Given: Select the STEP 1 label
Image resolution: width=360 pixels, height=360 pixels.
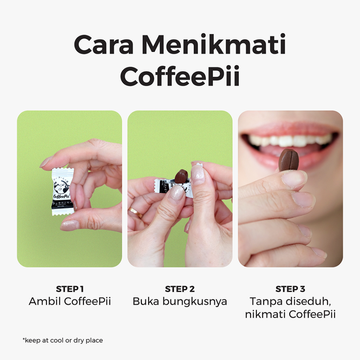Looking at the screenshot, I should click(70, 289).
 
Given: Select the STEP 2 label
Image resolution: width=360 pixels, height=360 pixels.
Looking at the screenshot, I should click(180, 289).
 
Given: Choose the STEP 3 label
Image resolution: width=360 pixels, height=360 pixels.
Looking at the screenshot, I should click(290, 289).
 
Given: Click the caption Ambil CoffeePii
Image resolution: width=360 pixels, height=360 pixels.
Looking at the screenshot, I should click(70, 301).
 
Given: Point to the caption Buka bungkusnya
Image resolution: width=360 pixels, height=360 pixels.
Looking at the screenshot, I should click(180, 301).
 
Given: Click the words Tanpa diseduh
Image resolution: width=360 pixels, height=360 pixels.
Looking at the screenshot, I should click(290, 301).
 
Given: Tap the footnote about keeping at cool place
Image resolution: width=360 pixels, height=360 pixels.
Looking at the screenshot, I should click(63, 340).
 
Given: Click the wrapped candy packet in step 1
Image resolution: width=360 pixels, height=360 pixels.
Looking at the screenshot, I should click(63, 191).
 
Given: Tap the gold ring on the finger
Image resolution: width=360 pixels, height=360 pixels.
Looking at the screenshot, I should click(135, 212).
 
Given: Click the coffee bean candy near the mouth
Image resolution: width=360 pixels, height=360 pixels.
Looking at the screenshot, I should click(289, 160).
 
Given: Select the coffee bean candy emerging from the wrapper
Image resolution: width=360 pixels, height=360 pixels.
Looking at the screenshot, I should click(181, 176).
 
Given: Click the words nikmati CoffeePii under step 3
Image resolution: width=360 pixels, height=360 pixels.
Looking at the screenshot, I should click(290, 314).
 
